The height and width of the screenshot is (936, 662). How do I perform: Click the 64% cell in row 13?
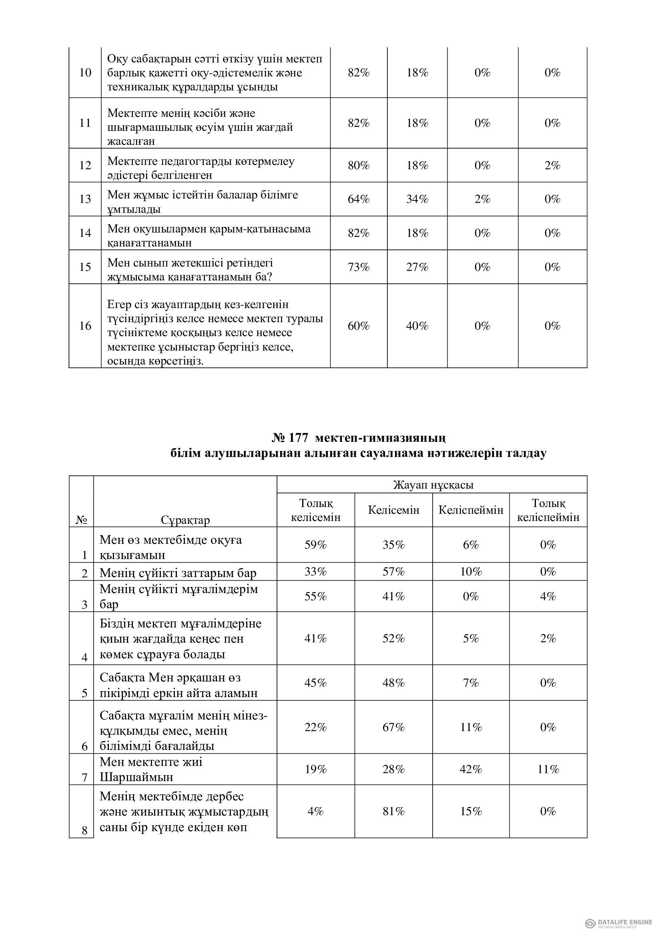click(358, 199)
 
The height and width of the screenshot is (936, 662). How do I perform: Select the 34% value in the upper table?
click(417, 199)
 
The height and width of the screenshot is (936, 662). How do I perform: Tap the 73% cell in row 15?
click(358, 267)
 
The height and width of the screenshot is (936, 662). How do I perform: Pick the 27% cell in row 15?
click(417, 267)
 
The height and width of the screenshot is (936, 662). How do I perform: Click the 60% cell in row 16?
click(358, 326)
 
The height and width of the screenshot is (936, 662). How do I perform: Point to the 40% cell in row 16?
click(417, 326)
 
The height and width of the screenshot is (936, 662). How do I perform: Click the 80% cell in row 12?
click(358, 166)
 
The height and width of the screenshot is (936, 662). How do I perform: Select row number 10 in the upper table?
click(85, 73)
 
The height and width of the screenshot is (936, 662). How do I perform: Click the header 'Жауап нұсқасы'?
click(433, 485)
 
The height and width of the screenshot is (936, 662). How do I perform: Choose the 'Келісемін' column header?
click(393, 510)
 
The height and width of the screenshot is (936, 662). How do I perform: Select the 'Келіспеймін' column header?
click(471, 510)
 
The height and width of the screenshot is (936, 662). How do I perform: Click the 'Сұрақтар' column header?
click(185, 520)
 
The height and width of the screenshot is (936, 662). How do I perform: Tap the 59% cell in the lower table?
click(315, 545)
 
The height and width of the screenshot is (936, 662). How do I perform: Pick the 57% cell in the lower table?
click(393, 572)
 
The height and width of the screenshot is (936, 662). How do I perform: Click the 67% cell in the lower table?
click(393, 727)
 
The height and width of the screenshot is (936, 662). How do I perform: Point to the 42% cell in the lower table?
click(471, 769)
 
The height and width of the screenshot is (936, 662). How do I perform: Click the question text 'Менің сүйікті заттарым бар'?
click(178, 573)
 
